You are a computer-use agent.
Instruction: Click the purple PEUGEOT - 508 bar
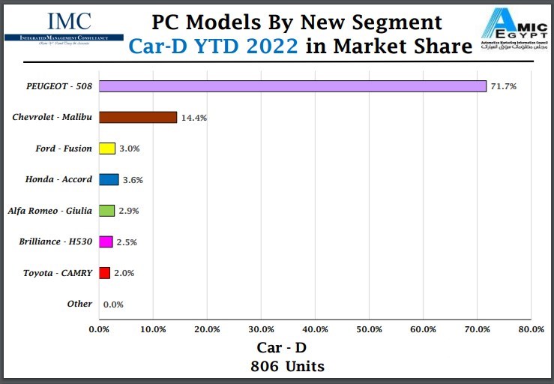pos(292,86)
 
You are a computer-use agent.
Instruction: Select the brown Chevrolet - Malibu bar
pos(138,117)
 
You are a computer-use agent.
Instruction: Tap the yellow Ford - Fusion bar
pos(107,148)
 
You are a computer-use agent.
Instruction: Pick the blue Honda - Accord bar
pos(109,179)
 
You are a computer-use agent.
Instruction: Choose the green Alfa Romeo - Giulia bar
pos(106,211)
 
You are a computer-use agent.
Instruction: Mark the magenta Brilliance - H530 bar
pos(106,241)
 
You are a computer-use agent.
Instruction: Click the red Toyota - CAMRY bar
pos(104,273)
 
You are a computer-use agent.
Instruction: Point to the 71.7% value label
pos(503,86)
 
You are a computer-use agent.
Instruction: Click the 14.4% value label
pos(193,118)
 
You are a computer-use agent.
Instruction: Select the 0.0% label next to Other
pos(113,304)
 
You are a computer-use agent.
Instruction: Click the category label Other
pos(79,304)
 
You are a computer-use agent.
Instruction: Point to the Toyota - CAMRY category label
pos(58,273)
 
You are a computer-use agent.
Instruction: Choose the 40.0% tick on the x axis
pos(315,328)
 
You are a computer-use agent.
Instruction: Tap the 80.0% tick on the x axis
pos(531,328)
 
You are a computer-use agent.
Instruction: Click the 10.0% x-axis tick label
pos(153,328)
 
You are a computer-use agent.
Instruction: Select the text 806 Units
pos(288,367)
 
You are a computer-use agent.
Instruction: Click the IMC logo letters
pos(69,21)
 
